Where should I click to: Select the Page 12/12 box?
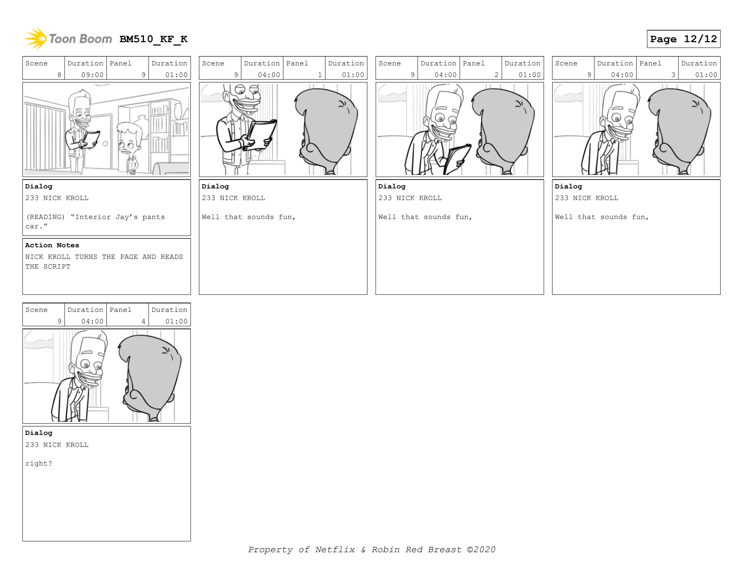(x=683, y=39)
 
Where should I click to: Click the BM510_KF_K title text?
(x=153, y=39)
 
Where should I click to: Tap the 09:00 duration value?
(x=92, y=75)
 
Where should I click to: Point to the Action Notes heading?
(x=52, y=245)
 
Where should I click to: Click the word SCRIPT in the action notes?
(x=57, y=267)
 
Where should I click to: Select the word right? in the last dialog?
(x=39, y=464)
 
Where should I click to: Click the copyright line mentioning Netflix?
(x=371, y=549)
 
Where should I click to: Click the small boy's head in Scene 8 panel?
(x=128, y=139)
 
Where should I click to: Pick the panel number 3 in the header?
(x=673, y=75)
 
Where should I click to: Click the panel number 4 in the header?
(x=143, y=322)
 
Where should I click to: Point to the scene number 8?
(x=59, y=75)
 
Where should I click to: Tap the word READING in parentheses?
(x=45, y=217)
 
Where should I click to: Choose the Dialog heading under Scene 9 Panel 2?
(x=392, y=187)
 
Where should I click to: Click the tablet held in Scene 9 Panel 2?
(x=457, y=159)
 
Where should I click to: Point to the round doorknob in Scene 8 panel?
(x=105, y=144)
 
